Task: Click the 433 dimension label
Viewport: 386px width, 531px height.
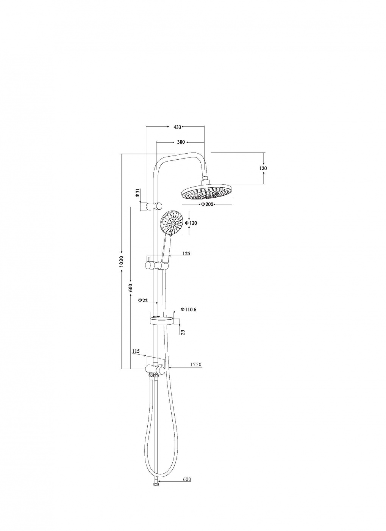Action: (177, 127)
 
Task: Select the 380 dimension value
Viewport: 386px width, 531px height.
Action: (181, 142)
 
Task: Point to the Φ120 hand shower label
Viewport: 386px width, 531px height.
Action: (191, 223)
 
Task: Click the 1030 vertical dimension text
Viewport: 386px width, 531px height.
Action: (122, 261)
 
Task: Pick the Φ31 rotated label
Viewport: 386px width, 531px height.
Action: (138, 193)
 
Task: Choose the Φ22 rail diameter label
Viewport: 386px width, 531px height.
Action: (143, 300)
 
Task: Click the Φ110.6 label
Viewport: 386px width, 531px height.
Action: (189, 309)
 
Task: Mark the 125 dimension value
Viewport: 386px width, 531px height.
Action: (186, 254)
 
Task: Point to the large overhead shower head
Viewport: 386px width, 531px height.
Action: (207, 192)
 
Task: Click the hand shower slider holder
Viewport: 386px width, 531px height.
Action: (156, 265)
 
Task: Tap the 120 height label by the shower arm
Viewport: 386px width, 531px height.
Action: (263, 168)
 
